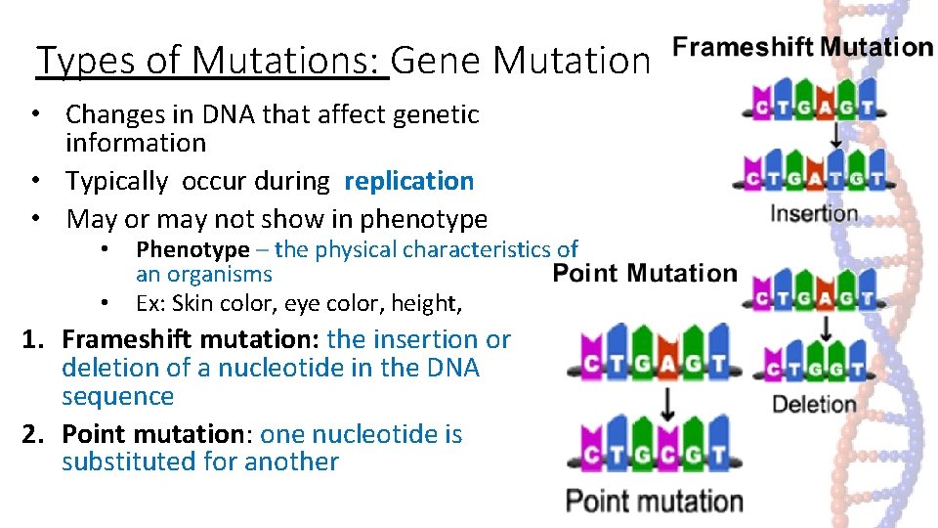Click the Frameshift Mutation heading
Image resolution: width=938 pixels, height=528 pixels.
803,47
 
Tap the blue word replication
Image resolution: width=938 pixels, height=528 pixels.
408,181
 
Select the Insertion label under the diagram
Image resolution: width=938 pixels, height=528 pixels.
814,213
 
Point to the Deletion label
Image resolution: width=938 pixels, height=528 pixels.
814,404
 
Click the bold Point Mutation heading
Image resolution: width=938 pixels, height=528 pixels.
645,273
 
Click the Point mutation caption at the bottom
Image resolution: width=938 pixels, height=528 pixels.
655,502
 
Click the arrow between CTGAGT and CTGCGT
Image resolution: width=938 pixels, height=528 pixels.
668,401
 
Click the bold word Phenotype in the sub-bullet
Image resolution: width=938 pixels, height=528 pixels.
192,250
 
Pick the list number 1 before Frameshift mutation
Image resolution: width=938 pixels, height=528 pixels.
33,339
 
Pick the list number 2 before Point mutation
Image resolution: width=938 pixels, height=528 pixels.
33,434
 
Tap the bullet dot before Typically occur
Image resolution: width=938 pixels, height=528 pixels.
34,181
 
